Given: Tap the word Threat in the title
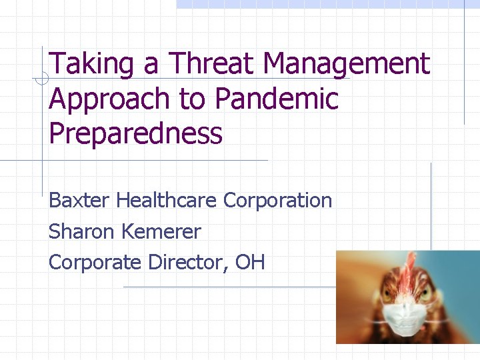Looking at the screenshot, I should click(213, 64).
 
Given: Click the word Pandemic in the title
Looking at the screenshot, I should click(277, 99).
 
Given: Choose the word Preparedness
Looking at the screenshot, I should click(135, 133).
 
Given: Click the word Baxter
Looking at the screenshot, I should click(80, 200).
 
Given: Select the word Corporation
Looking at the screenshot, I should click(277, 200).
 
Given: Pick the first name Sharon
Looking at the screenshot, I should click(81, 231).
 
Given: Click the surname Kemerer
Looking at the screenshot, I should click(161, 231).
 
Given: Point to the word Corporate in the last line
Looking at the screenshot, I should click(95, 263).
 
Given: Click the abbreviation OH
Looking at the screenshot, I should click(250, 262).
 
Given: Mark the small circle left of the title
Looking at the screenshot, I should click(41, 80).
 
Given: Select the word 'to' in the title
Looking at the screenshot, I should click(193, 100).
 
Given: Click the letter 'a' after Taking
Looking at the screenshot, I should click(150, 65).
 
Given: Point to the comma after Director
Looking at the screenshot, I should click(231, 268).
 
